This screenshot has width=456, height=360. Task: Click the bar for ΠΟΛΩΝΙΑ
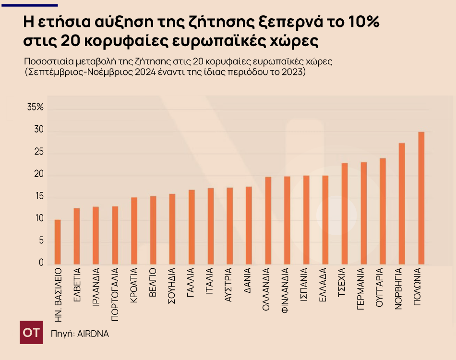click(421, 198)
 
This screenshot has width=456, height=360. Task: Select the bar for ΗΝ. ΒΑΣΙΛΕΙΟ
click(58, 242)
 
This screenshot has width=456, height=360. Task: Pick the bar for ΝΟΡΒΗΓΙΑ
click(402, 204)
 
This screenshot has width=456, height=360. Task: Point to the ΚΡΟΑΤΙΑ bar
click(134, 231)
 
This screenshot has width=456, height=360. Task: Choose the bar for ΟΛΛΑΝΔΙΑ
click(268, 220)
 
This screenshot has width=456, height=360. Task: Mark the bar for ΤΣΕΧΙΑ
click(345, 214)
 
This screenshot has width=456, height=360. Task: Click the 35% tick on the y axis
click(36, 108)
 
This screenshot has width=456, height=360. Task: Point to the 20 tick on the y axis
click(38, 175)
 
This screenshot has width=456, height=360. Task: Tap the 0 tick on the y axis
click(41, 263)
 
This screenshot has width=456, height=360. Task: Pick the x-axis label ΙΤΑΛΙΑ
click(210, 283)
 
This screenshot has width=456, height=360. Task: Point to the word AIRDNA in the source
click(93, 334)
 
